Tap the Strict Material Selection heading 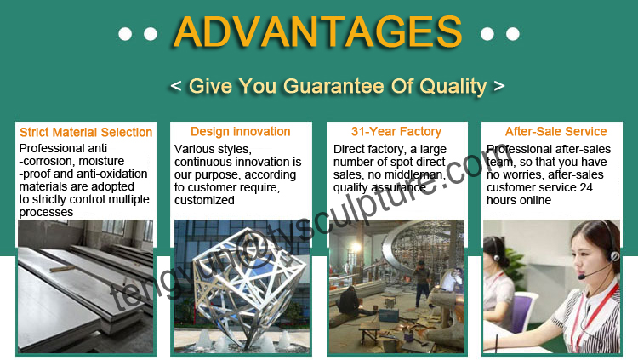(85, 132)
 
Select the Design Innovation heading (241, 132)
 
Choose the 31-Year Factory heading (396, 132)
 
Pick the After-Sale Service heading (555, 132)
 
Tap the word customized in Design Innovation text (204, 200)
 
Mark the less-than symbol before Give (175, 87)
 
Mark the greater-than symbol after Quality (499, 87)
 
